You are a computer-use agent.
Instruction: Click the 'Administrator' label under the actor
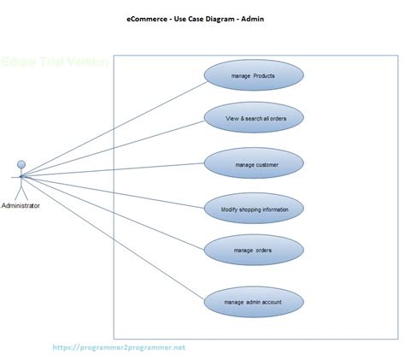coord(21,206)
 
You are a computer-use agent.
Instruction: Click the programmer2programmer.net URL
coord(118,348)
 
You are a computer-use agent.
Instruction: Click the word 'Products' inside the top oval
coord(264,76)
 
